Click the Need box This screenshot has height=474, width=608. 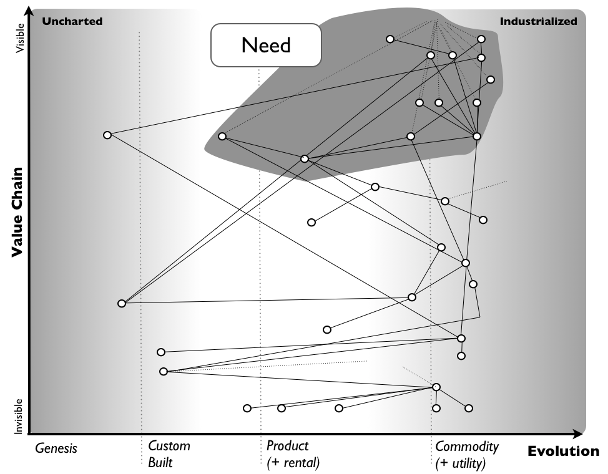[266, 45]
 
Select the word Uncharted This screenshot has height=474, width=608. [72, 21]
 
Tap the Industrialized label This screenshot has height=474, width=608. [538, 21]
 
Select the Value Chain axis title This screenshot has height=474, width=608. [17, 211]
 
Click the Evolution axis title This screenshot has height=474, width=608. [563, 452]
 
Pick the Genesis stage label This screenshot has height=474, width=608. [56, 448]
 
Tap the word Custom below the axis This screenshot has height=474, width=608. [169, 446]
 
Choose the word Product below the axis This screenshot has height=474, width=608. [287, 446]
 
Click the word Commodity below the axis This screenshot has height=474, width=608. [467, 446]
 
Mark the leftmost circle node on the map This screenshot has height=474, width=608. [107, 135]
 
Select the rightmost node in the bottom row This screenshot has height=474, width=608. [469, 408]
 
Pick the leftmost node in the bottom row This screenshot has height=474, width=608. [247, 408]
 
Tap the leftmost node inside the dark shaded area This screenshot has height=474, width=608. [222, 137]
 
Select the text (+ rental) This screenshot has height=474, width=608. [293, 463]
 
